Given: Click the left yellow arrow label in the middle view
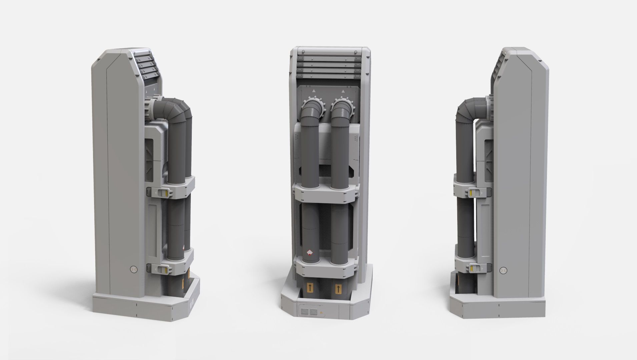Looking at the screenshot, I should pyautogui.click(x=310, y=287).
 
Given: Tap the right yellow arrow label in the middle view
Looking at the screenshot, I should pyautogui.click(x=339, y=288).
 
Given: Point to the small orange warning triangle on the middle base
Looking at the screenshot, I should pyautogui.click(x=322, y=313).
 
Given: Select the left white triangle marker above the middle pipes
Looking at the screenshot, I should pyautogui.click(x=314, y=90).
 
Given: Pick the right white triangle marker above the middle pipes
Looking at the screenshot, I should pyautogui.click(x=343, y=90).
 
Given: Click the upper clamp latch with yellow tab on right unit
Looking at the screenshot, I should pyautogui.click(x=473, y=192).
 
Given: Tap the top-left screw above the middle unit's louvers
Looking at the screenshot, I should pyautogui.click(x=304, y=52).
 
